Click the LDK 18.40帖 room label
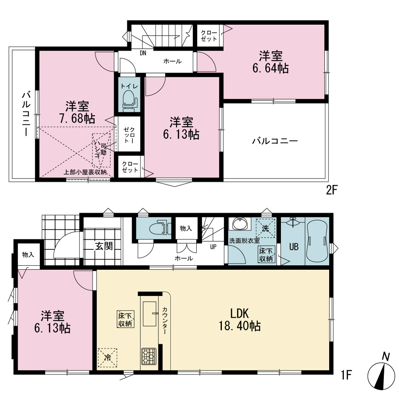[240, 320]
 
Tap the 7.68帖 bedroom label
[77, 112]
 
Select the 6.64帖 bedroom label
[271, 62]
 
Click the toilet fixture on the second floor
[130, 101]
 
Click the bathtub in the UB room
[317, 241]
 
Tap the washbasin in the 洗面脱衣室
[240, 224]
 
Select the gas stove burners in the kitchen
[149, 356]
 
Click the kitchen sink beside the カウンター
[150, 314]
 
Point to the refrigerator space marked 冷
[108, 358]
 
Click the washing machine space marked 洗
[265, 228]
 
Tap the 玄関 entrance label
[104, 246]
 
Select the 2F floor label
[332, 190]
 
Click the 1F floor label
[346, 375]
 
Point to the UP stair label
[213, 247]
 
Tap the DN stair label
[143, 53]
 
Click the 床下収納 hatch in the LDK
[126, 319]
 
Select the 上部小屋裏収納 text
[85, 172]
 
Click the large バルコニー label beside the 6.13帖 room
[275, 141]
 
